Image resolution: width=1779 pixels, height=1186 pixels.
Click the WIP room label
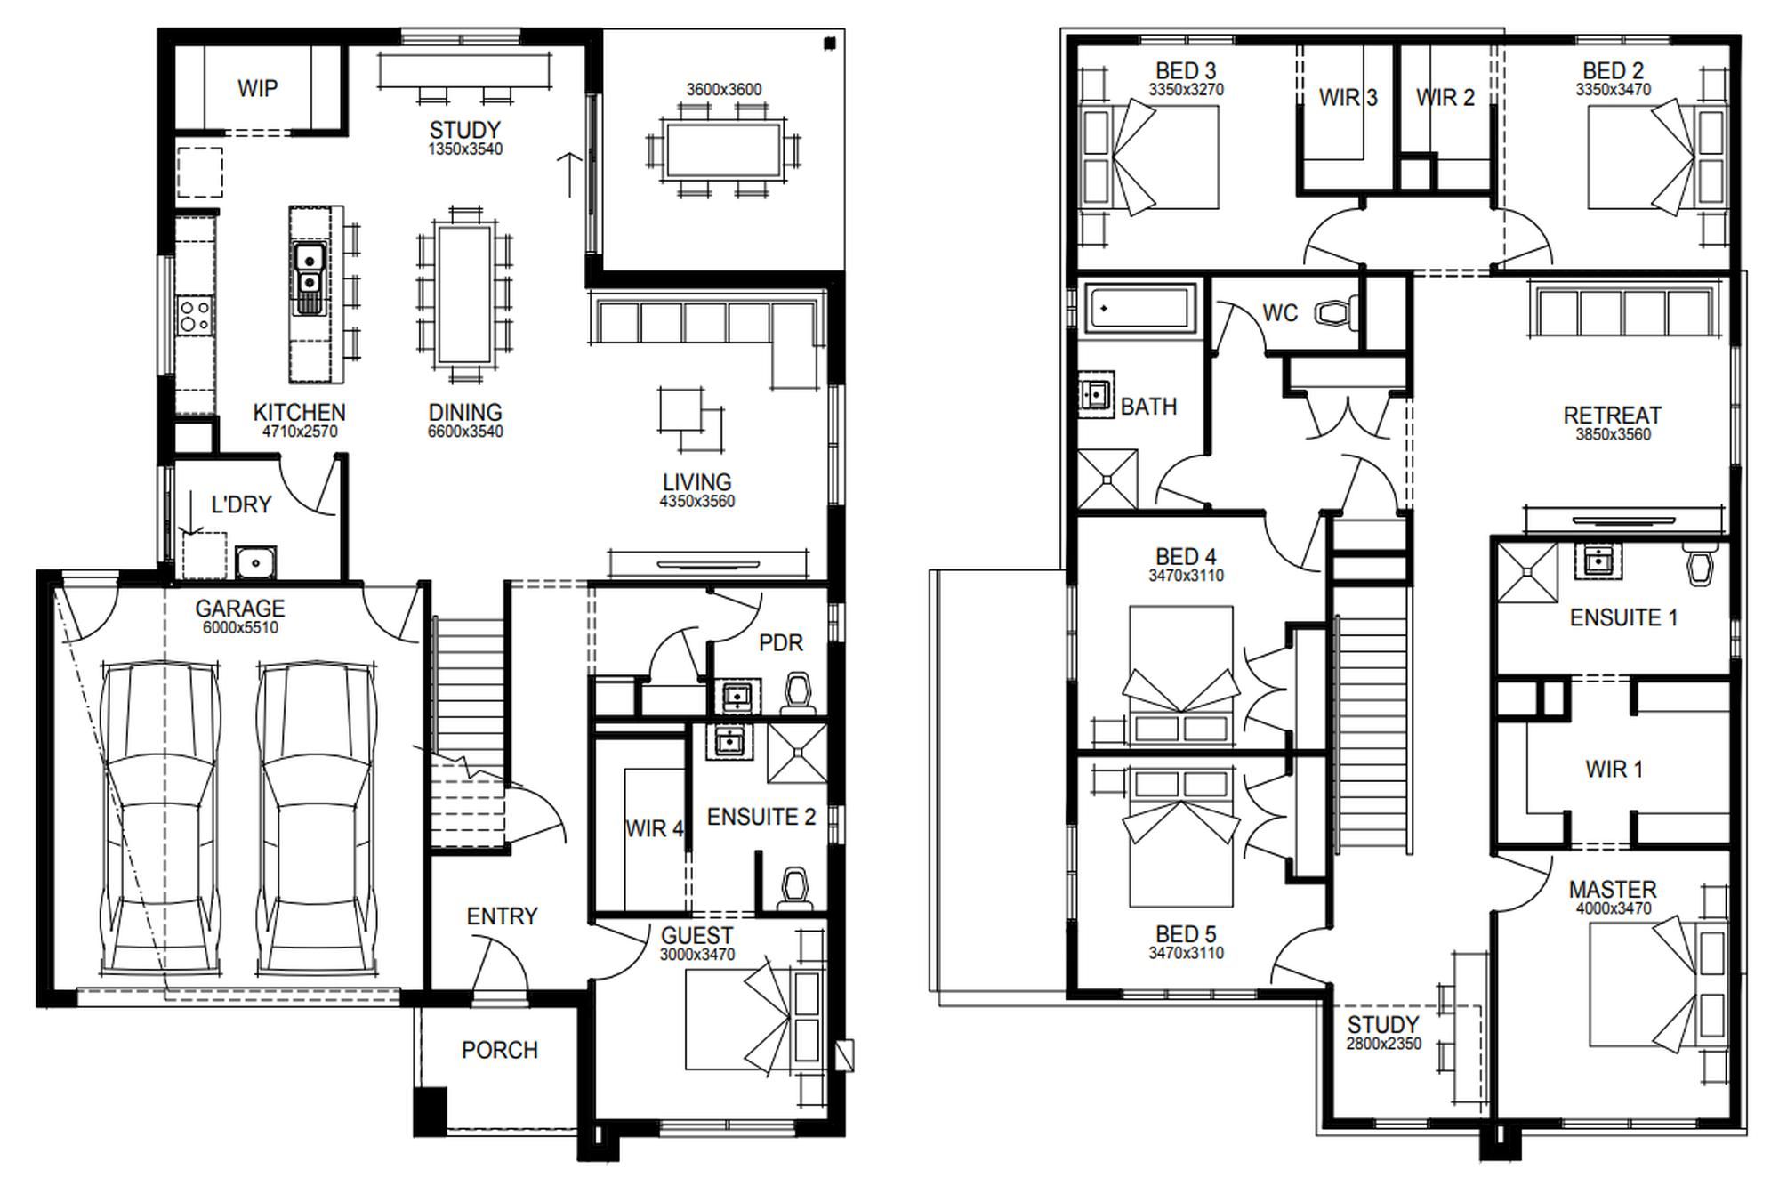coord(257,88)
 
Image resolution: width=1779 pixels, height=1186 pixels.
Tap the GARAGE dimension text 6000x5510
coord(240,628)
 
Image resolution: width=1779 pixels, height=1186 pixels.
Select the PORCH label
coord(500,1051)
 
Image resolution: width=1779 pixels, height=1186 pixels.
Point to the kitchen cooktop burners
coord(196,315)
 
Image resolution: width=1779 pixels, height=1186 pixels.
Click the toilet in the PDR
coord(798,694)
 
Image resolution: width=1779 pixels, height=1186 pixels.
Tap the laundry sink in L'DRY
coord(255,562)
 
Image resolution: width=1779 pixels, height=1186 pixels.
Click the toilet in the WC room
coord(1337,312)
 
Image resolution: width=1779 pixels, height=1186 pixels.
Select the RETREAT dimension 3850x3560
coord(1613,435)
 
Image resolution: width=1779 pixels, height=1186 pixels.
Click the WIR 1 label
coord(1614,770)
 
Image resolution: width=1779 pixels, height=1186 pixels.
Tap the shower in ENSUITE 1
coord(1527,572)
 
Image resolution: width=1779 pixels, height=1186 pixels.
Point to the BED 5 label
coord(1186,934)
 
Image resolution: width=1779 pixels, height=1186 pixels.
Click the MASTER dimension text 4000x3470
coord(1614,908)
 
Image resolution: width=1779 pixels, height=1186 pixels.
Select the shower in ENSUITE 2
coord(797,753)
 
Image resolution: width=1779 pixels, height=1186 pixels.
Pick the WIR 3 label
coord(1348,97)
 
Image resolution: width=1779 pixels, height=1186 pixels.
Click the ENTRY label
coord(502,916)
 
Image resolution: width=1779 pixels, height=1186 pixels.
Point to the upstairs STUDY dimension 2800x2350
coord(1383,1044)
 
